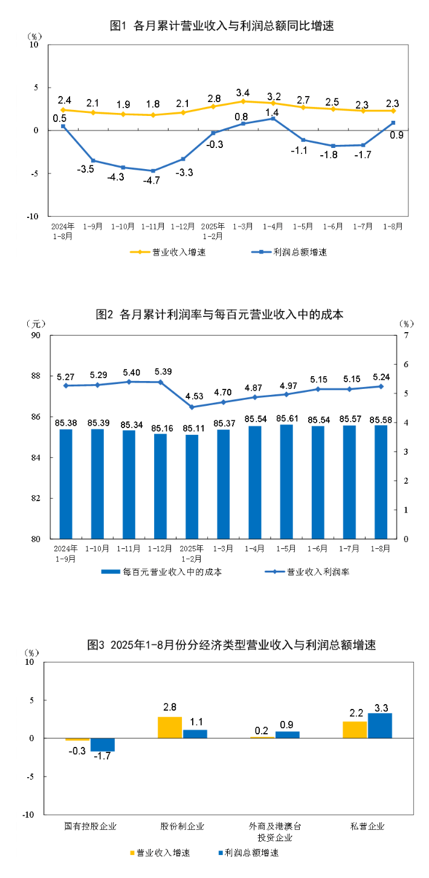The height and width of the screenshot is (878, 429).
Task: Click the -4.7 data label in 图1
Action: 152,181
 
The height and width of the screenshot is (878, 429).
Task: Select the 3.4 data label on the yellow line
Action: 243,92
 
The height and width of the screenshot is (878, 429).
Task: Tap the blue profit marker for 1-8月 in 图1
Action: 393,123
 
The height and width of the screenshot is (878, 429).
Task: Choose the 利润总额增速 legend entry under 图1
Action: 288,252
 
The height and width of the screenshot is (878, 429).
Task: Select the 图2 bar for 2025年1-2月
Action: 192,486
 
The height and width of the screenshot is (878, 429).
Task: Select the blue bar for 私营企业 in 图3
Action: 380,725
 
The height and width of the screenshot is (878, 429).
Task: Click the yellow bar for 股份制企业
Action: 170,727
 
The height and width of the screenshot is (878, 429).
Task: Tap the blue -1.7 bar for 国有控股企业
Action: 102,745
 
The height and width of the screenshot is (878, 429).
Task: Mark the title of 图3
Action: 231,645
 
